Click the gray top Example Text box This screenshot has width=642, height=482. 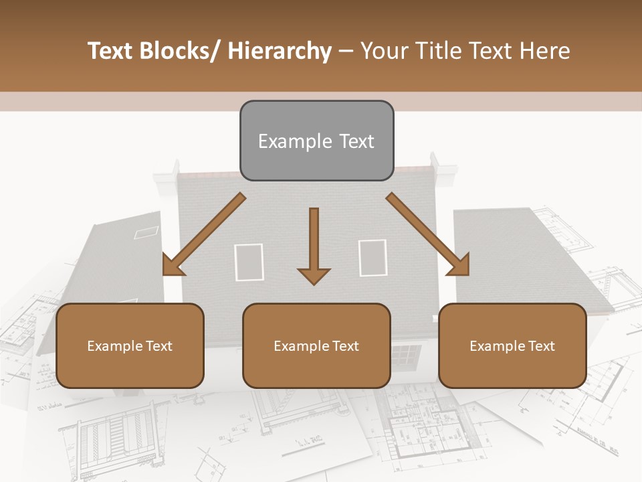[316, 141]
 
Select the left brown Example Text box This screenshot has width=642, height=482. [130, 345]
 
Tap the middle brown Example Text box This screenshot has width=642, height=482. [316, 345]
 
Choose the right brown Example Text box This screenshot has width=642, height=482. [512, 345]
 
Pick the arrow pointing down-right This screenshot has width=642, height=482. [428, 235]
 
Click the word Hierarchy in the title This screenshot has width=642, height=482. [280, 52]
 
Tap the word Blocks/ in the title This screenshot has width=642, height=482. [181, 52]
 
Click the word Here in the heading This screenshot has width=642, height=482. [546, 52]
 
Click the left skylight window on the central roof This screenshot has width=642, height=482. [249, 262]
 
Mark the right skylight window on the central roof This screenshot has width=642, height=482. [372, 258]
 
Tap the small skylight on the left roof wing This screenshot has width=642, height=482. [146, 232]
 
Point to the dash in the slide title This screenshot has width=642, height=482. [346, 52]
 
